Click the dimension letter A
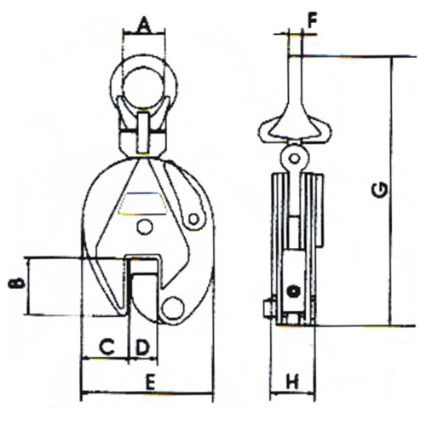[144, 25]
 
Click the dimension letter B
[16, 284]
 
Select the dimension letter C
[106, 347]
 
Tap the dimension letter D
[142, 347]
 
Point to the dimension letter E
[150, 382]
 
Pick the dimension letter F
[312, 21]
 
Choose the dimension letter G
[380, 190]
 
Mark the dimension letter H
[292, 382]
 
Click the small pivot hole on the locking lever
[193, 219]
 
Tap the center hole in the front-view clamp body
[145, 227]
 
